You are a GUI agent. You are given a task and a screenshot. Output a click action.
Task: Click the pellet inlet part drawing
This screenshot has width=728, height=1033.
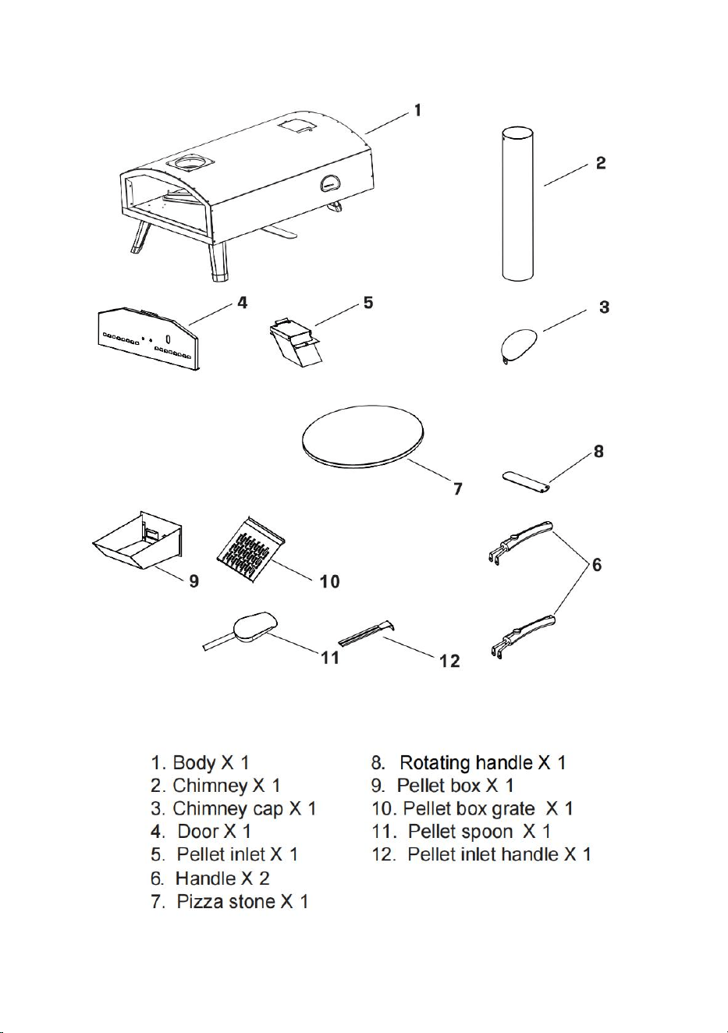[x=294, y=340]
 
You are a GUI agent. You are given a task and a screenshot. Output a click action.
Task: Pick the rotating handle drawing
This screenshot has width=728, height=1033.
[x=526, y=482]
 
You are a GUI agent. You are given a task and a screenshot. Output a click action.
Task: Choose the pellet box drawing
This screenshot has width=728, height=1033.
[x=137, y=541]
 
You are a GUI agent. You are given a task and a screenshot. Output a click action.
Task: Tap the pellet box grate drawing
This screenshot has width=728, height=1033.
[x=250, y=546]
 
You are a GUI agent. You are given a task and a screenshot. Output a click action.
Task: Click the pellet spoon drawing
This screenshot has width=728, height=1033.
[x=240, y=631]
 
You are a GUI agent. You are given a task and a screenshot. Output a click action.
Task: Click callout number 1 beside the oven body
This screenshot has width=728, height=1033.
[x=417, y=110]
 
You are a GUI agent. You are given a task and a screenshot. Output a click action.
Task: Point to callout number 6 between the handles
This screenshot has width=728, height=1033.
[x=596, y=564]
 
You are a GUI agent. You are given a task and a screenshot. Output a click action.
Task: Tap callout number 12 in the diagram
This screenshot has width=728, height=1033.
[x=449, y=662]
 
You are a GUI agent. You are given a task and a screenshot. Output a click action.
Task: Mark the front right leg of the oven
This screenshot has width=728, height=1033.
[x=218, y=262]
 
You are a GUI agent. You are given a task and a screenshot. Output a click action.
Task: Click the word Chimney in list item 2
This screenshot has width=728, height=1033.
[x=210, y=786]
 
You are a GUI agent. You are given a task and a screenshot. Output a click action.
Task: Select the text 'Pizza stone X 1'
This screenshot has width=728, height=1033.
[x=243, y=902]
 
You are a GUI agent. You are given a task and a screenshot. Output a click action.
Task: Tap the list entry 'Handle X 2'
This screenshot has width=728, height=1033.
[x=222, y=878]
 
